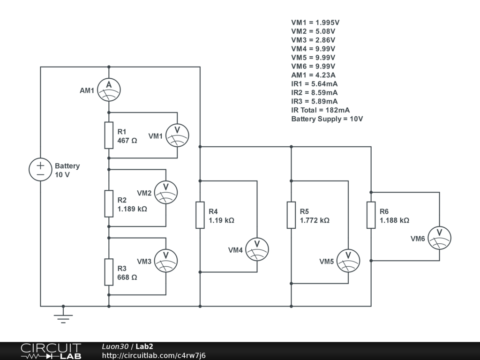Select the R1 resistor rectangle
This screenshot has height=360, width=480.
(109, 135)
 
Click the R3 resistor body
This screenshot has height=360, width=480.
(109, 272)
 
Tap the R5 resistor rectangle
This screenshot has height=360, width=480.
(291, 215)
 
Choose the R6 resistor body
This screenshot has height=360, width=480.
(371, 215)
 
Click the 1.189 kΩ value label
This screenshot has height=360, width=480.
(132, 209)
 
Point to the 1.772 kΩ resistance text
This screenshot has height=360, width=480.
(315, 220)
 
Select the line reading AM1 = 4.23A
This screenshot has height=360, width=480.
(314, 75)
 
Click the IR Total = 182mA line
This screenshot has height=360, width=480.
(321, 110)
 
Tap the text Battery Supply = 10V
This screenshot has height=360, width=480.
(327, 119)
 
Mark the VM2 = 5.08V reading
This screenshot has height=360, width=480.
(313, 31)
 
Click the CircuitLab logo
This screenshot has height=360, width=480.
(51, 351)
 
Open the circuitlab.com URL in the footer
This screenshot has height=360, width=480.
(154, 355)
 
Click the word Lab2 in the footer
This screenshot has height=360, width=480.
(144, 346)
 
